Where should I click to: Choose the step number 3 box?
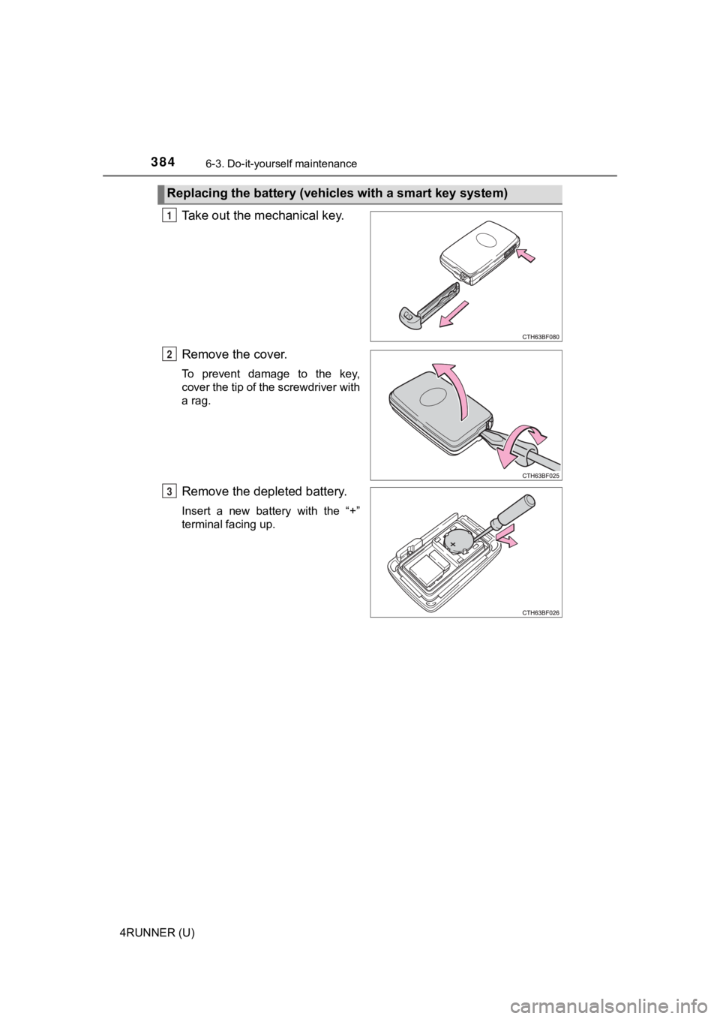[x=172, y=491]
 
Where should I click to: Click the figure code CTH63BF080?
[x=540, y=338]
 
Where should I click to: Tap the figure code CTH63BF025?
[x=540, y=475]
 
